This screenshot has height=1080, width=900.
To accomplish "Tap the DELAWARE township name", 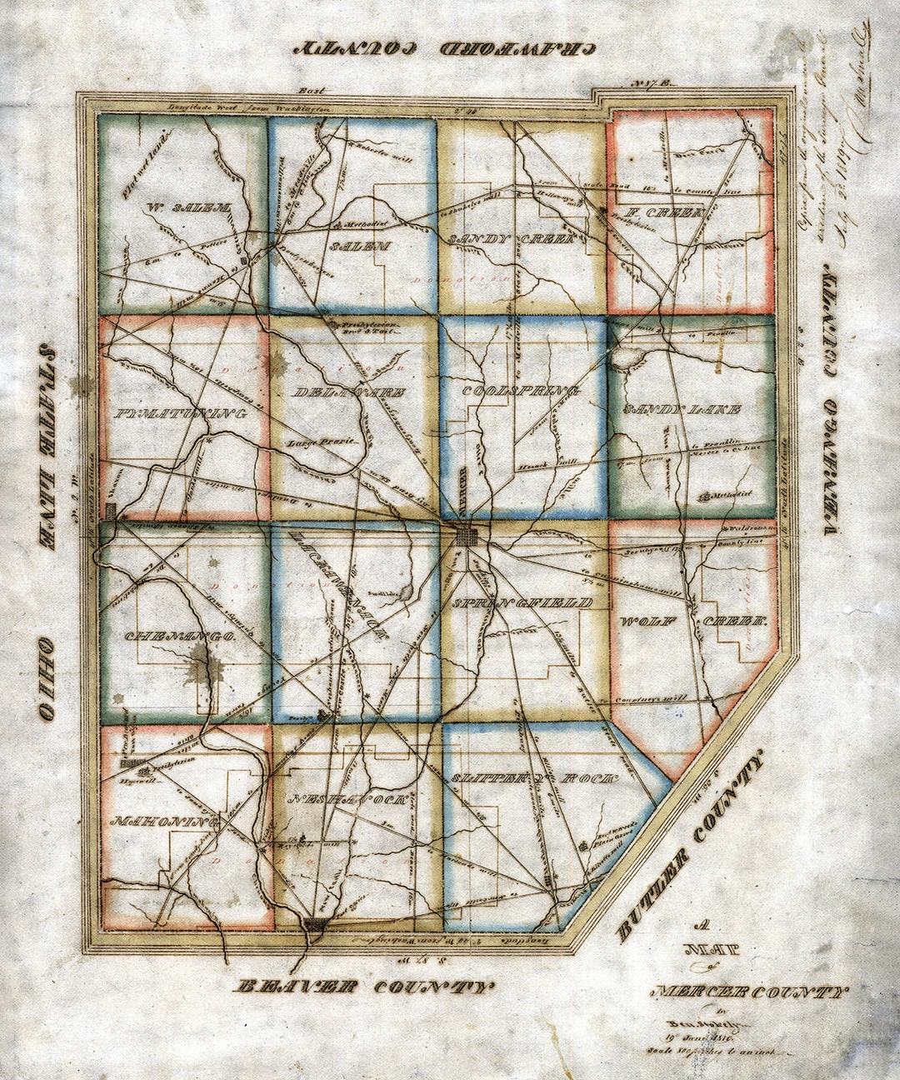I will pos(350,392).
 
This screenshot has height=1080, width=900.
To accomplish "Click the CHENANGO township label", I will pos(179,637).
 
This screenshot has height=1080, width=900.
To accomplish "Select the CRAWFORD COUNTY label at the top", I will pos(447,47).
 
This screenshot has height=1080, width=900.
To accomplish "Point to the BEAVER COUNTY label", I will pos(364,987).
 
